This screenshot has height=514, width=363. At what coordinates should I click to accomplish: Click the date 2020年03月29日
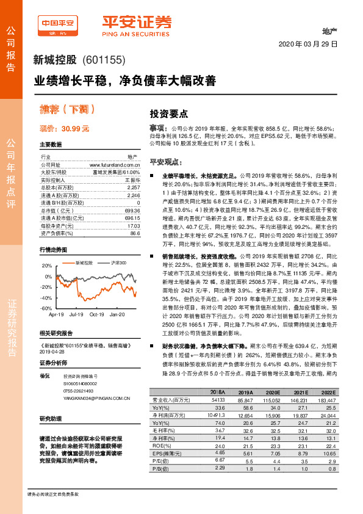click(308, 45)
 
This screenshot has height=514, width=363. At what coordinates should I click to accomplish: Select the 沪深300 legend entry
click(119, 262)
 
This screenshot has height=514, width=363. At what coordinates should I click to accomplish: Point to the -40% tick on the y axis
click(46, 297)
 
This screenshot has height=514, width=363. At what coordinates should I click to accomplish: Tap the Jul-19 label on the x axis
click(77, 314)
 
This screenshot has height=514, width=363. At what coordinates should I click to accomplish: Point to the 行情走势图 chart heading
click(54, 250)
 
